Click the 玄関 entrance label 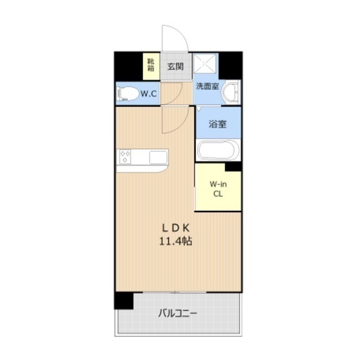point(175,66)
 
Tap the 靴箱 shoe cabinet point(151,66)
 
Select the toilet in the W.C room point(128,94)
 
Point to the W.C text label point(148,94)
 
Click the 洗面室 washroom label point(207,86)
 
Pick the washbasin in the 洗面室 point(230,92)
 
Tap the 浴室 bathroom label point(218,124)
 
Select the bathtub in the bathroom point(218,150)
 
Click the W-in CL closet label point(218,189)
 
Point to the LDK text point(176,228)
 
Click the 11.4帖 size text point(175,241)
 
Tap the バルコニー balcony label point(178,313)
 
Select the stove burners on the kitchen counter point(125,157)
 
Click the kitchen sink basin point(158,157)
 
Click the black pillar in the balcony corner point(124,300)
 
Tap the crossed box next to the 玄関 point(205,63)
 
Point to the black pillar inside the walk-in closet point(233,167)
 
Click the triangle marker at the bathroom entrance point(199,108)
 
